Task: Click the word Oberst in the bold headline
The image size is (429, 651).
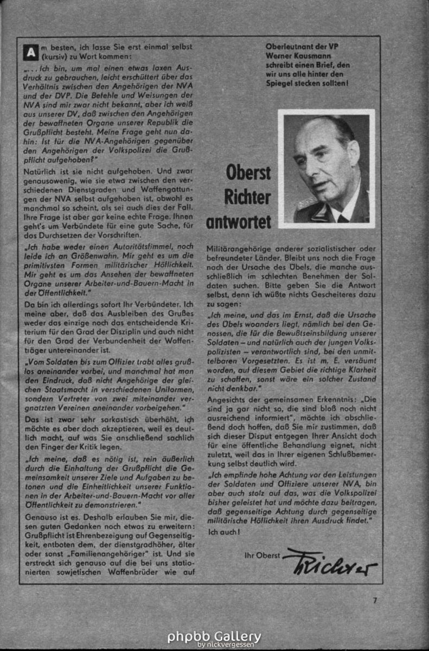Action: pyautogui.click(x=248, y=173)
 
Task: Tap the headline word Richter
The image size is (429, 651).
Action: pyautogui.click(x=247, y=197)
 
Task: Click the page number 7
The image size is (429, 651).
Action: pyautogui.click(x=374, y=600)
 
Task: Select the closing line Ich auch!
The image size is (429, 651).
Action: pyautogui.click(x=223, y=532)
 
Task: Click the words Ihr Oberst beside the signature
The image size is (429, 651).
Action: pyautogui.click(x=262, y=555)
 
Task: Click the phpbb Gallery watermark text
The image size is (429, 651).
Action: pyautogui.click(x=214, y=636)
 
